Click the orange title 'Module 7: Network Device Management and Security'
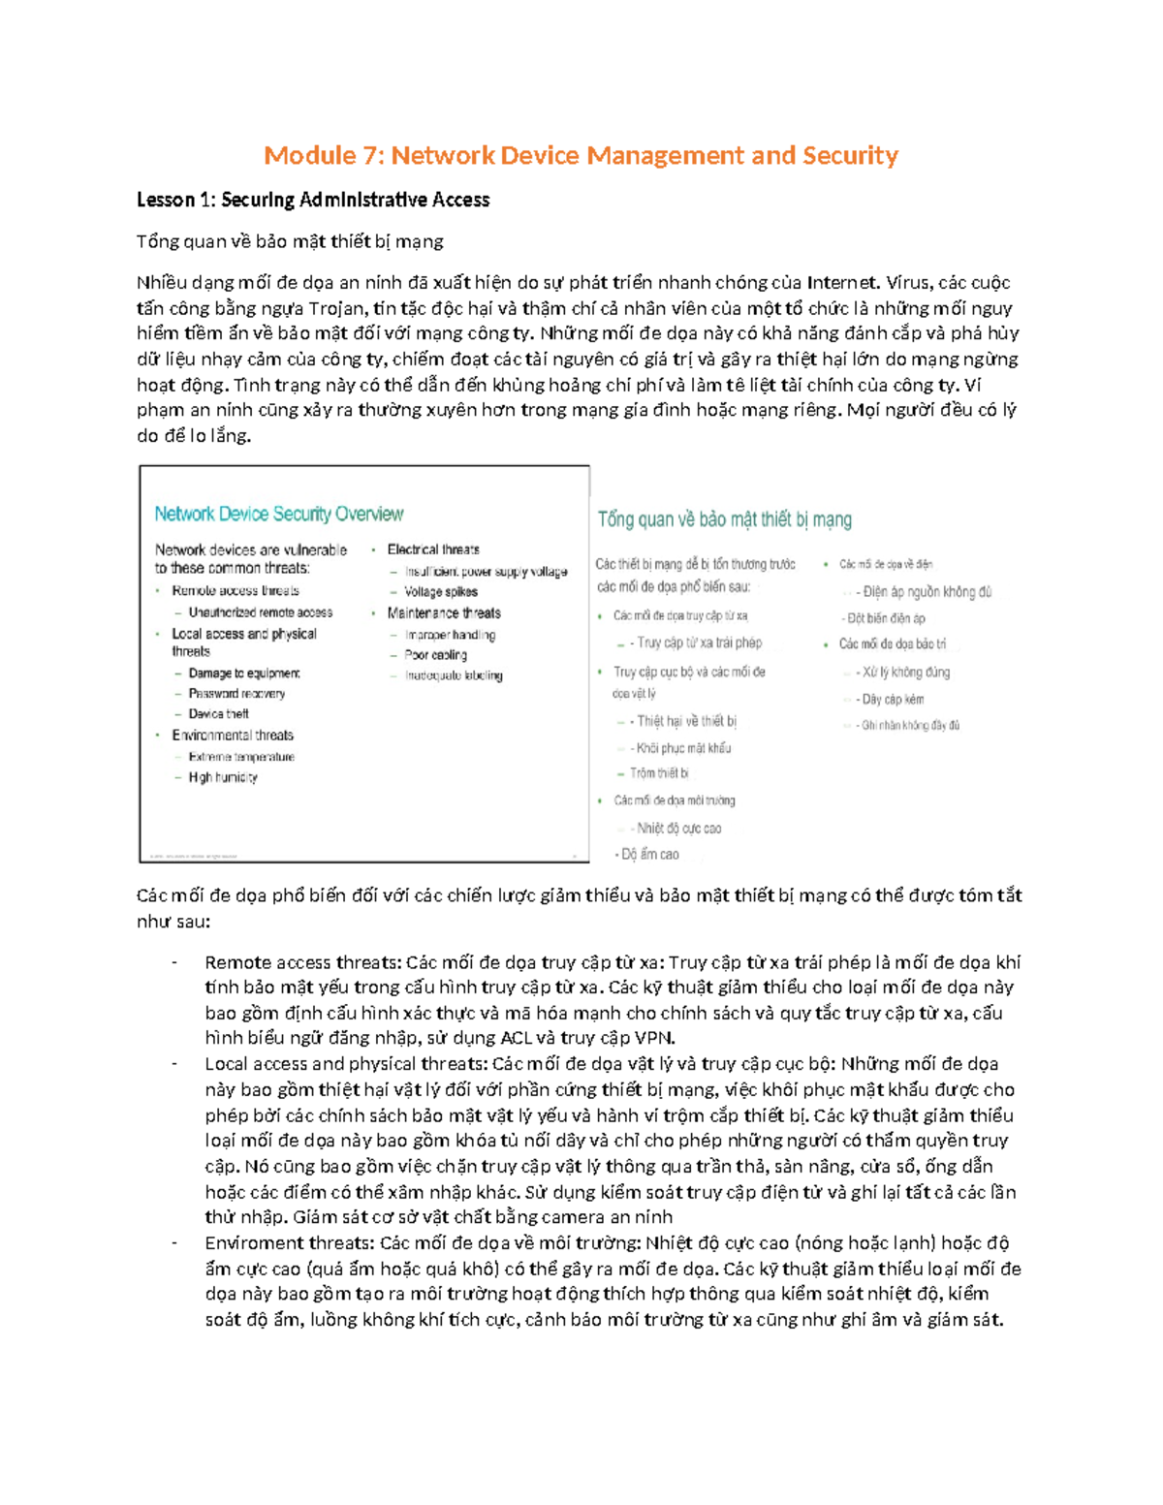(581, 155)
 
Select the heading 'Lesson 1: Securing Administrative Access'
(312, 200)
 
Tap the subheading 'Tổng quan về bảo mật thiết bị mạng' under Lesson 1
(290, 241)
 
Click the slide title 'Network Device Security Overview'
(278, 514)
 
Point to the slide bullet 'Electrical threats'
(432, 549)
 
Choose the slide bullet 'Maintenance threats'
(443, 612)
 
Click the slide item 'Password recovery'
(236, 693)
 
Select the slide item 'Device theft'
(218, 713)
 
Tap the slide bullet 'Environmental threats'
(232, 735)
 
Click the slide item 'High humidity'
(223, 777)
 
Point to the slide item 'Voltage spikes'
(440, 591)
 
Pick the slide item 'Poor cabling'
(435, 655)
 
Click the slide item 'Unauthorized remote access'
(260, 612)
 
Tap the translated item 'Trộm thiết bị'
(659, 772)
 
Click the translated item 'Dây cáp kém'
(892, 699)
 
